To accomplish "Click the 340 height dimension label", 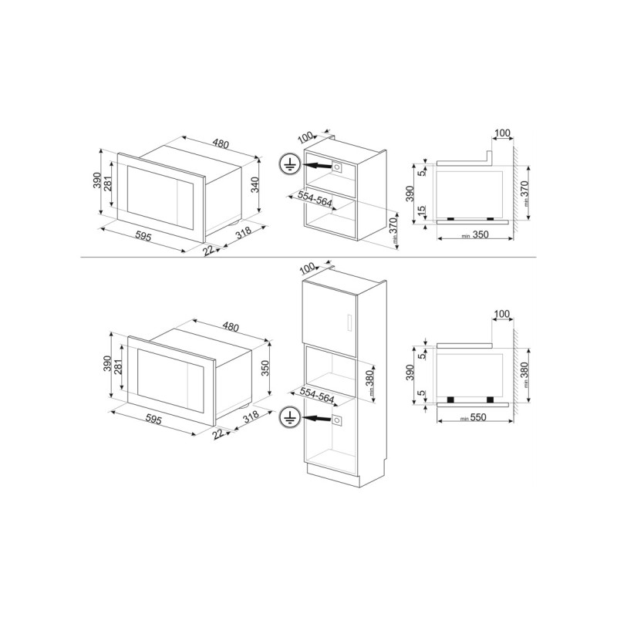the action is coord(255,185).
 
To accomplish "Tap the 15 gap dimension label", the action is coord(421,211).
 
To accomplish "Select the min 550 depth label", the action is coord(474,417).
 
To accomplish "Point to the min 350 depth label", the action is coord(475,235).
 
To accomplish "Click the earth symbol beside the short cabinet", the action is coord(290,164).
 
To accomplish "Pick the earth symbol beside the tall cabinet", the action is coord(289,417).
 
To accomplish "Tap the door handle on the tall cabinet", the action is coord(347,322).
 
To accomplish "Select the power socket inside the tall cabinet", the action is coord(337,420).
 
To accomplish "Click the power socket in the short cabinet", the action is coord(337,167).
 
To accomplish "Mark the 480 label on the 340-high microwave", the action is coord(220,143).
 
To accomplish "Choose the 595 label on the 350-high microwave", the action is coord(153,420).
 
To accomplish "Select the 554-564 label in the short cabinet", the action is coord(315,200).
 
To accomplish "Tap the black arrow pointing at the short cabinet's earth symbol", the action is coord(316,166).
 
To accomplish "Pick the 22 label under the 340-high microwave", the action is coord(208,250).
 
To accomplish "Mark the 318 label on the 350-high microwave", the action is coord(251,416).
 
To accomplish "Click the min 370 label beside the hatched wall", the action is coord(524,194).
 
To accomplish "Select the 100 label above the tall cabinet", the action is coord(307,268).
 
